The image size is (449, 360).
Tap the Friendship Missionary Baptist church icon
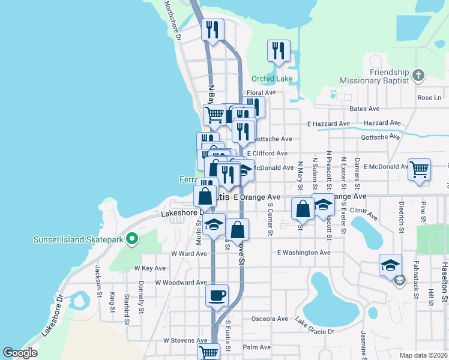click(x=419, y=76)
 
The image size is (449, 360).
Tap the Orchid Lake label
click(x=272, y=79)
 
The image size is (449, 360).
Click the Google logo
click(x=20, y=353)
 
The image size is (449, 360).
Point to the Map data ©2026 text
click(x=423, y=355)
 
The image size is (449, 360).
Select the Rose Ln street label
click(x=429, y=98)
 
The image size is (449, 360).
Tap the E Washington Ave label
click(x=304, y=253)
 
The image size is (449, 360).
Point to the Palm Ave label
click(x=257, y=347)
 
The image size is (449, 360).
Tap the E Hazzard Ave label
click(x=328, y=124)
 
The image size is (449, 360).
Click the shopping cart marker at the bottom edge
click(x=208, y=352)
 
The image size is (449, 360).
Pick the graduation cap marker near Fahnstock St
click(x=390, y=265)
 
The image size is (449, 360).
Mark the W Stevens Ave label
click(x=185, y=341)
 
